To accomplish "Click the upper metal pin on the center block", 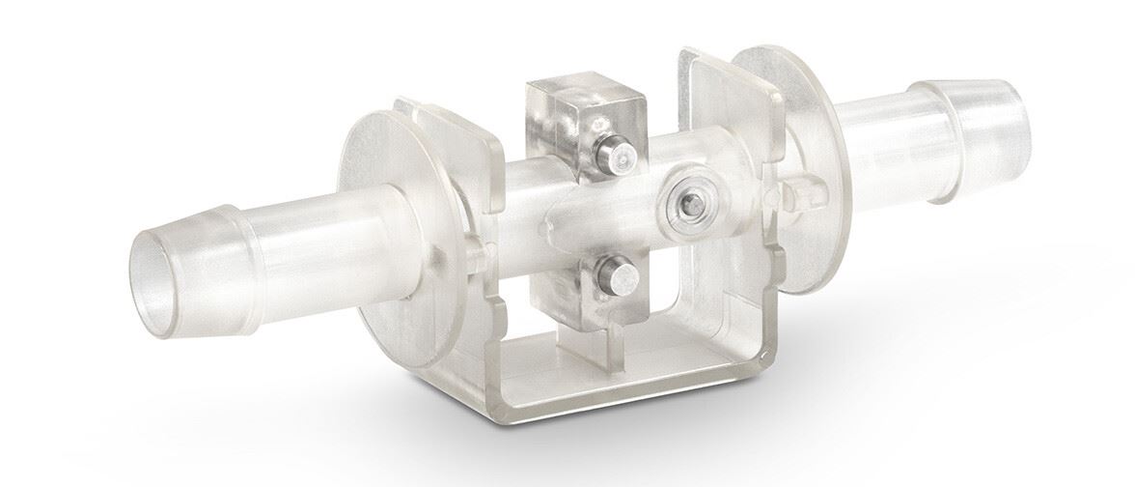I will click(x=612, y=153).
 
